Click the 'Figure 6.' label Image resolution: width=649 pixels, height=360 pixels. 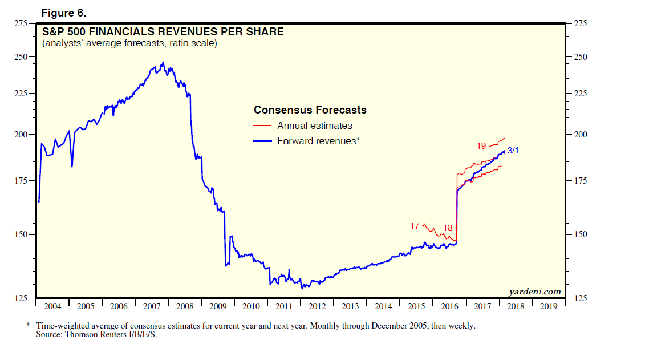click(64, 13)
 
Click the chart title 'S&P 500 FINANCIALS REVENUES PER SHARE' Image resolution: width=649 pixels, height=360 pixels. click(163, 31)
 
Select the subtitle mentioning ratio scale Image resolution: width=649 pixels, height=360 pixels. click(129, 43)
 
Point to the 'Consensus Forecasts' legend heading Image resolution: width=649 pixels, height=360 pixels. click(310, 110)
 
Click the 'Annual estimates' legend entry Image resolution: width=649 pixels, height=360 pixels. click(314, 126)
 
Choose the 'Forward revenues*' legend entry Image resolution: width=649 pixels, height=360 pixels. click(318, 140)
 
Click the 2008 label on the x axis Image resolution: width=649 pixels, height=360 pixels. click(185, 306)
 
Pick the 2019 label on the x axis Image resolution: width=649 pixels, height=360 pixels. click(549, 306)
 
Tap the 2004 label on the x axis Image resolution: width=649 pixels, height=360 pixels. click(52, 306)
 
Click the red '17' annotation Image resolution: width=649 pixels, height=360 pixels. click(415, 226)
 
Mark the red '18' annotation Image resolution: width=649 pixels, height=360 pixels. click(448, 228)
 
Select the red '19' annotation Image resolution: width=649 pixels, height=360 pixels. click(481, 146)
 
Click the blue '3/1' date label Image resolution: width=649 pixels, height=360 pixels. click(513, 151)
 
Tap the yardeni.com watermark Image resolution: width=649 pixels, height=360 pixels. click(534, 292)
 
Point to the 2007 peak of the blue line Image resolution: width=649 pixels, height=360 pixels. click(163, 62)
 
